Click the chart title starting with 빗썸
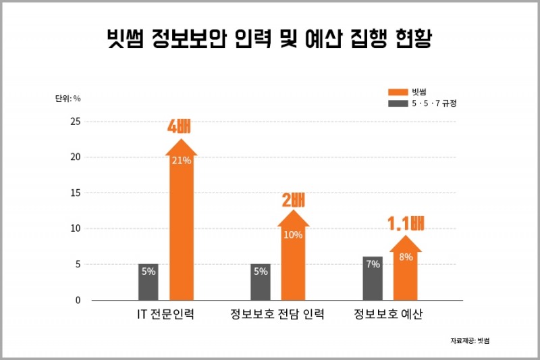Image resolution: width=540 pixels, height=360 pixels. click(x=269, y=38)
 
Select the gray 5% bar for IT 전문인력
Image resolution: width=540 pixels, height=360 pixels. click(x=148, y=282)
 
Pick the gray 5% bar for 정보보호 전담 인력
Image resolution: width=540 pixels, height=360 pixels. click(x=261, y=282)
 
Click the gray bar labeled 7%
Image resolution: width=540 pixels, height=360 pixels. click(x=373, y=278)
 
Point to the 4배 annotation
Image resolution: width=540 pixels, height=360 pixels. click(x=180, y=126)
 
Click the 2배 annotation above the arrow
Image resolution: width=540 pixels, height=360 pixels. click(x=293, y=200)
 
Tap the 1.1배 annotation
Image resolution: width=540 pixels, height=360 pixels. click(x=405, y=224)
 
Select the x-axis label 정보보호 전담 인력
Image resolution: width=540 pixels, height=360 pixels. click(x=277, y=315)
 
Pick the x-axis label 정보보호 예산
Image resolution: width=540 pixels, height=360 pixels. click(x=389, y=315)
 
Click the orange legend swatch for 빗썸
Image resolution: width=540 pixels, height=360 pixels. click(x=398, y=92)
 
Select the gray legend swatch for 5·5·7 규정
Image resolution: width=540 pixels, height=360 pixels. click(x=398, y=103)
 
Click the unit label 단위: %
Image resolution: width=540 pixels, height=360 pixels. click(x=68, y=99)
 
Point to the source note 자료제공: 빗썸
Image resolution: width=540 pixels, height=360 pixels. click(x=470, y=340)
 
